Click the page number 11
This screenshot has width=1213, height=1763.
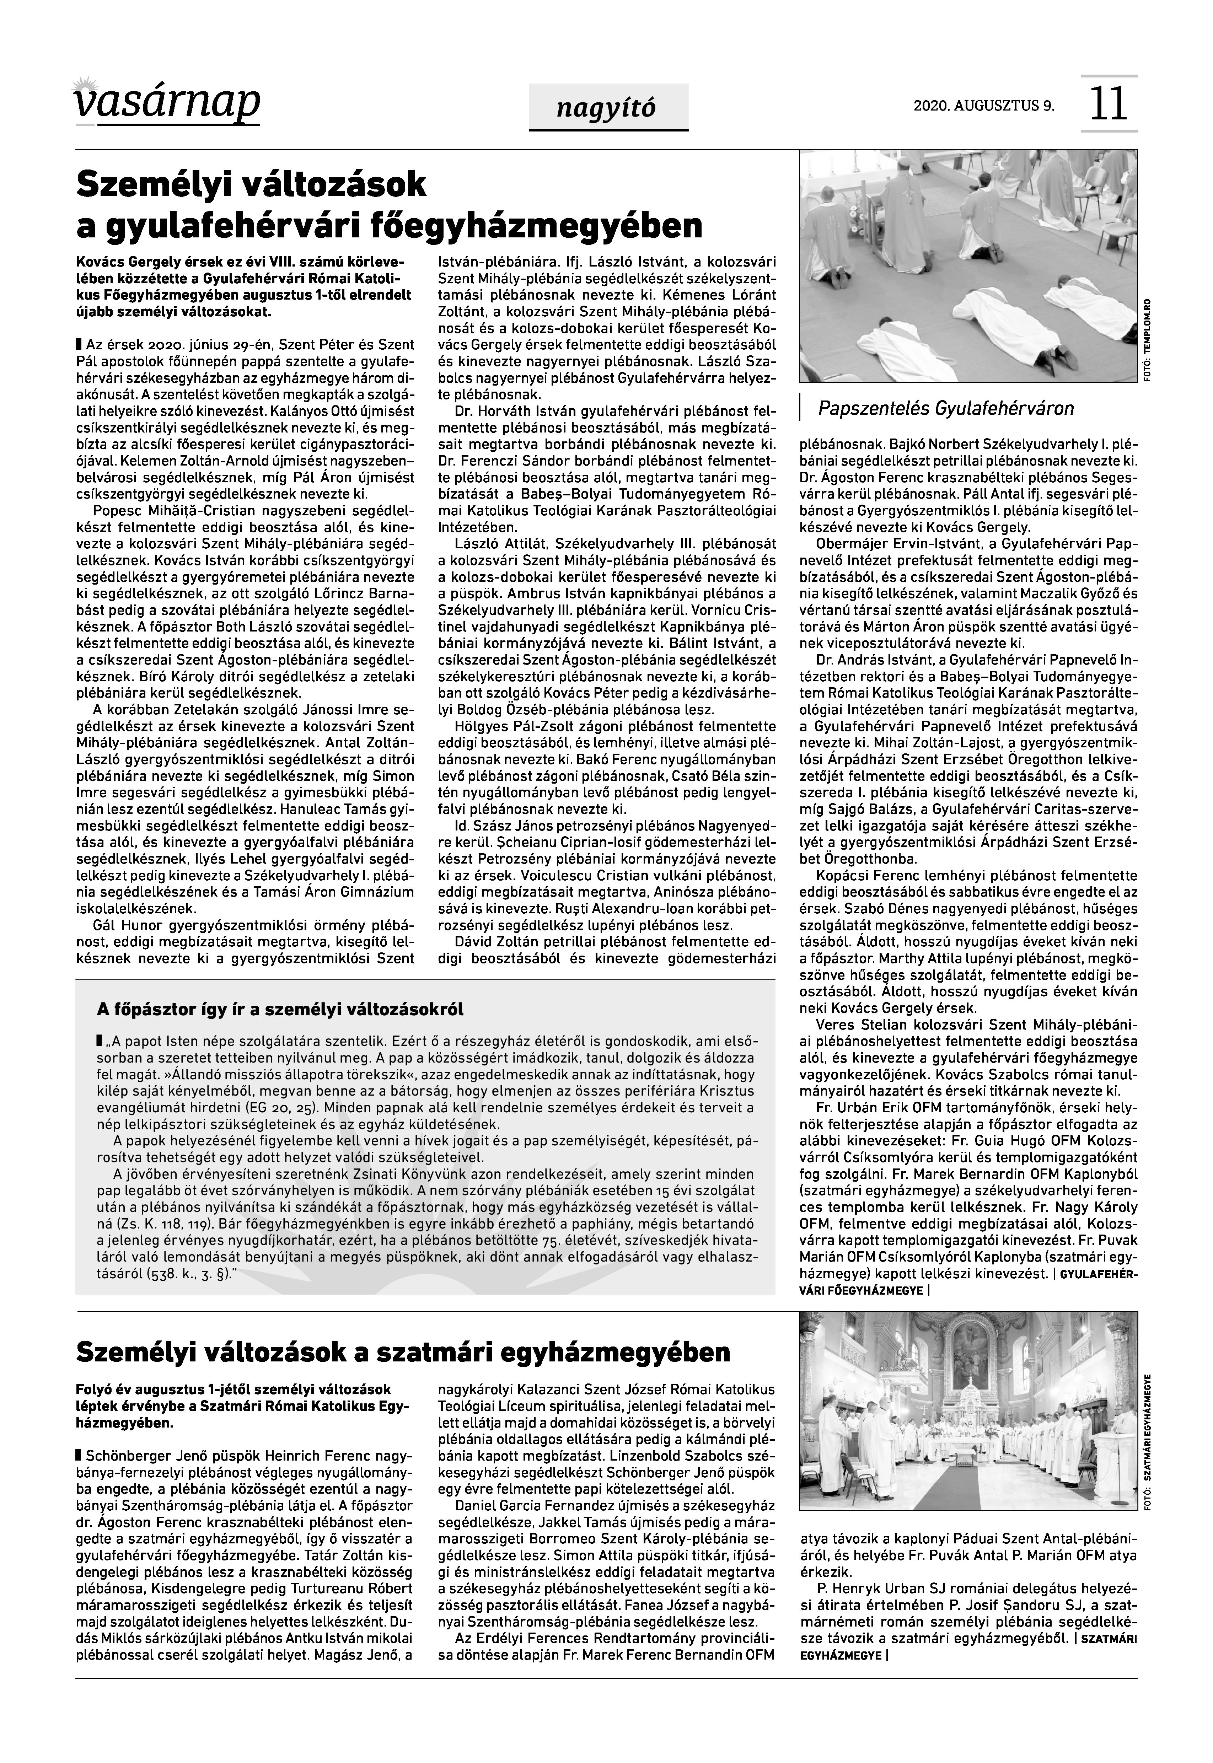click(x=1108, y=104)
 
